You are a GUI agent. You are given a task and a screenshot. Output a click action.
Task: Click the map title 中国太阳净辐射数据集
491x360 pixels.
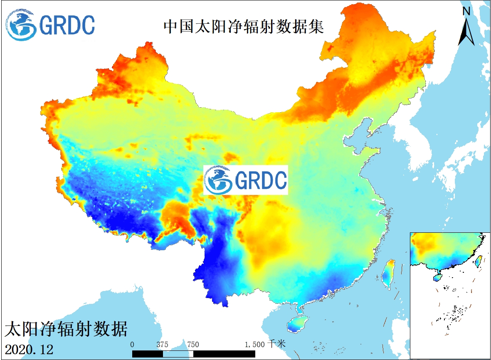(x=244, y=27)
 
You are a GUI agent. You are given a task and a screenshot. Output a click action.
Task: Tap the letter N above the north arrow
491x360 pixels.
(x=466, y=11)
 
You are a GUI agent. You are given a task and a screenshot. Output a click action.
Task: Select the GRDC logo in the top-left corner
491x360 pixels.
(x=50, y=25)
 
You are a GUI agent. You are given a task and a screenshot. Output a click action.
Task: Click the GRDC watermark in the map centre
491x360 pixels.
(x=246, y=180)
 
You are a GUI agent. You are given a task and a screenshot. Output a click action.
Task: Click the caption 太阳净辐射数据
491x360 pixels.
(x=66, y=329)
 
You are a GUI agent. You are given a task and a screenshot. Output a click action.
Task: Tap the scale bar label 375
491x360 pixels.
(x=162, y=345)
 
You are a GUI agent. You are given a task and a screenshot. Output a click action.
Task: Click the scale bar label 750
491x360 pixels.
(x=193, y=345)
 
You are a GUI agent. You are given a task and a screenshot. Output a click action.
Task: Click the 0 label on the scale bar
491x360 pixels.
(x=132, y=345)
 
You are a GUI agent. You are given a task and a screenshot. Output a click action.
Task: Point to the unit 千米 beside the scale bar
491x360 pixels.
(x=276, y=344)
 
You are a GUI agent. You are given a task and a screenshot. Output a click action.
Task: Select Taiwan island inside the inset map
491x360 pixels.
(x=479, y=261)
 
